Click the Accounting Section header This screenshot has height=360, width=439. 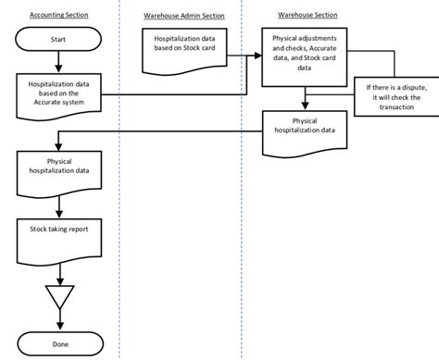click(x=59, y=16)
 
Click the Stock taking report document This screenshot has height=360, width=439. click(x=59, y=229)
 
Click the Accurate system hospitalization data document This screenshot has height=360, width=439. click(x=59, y=93)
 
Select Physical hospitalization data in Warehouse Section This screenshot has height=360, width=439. click(x=303, y=126)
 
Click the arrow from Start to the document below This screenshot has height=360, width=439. click(x=59, y=63)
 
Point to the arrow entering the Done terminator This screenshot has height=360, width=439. click(x=59, y=321)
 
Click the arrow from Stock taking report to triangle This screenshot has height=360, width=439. click(x=59, y=267)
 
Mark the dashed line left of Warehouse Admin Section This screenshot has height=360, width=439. click(x=120, y=185)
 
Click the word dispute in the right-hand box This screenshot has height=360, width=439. click(x=407, y=86)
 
